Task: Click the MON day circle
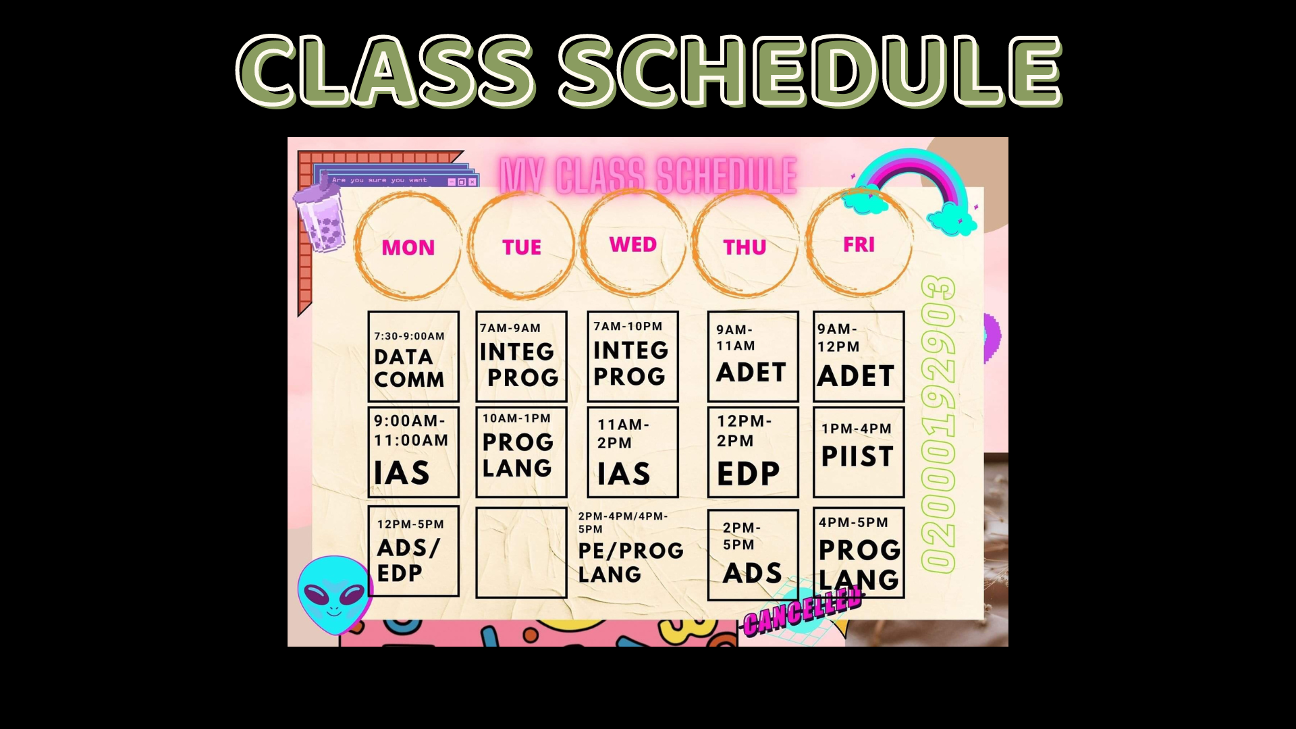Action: click(x=356, y=246)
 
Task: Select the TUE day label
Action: click(x=522, y=247)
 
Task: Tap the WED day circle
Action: click(x=582, y=244)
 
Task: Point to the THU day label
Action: click(x=745, y=248)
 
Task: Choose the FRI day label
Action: click(x=859, y=244)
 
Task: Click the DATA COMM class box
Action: click(x=413, y=356)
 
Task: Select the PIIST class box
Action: click(x=859, y=452)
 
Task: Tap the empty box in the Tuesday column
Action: click(x=521, y=553)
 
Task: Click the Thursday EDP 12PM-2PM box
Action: click(x=753, y=452)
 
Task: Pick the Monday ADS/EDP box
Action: click(x=413, y=551)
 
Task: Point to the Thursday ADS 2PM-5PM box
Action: click(x=753, y=555)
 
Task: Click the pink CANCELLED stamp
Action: click(x=803, y=611)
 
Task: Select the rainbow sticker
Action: click(x=911, y=190)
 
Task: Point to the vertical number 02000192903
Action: click(x=938, y=425)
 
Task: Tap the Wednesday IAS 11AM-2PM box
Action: click(x=632, y=452)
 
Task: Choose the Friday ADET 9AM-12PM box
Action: click(x=859, y=356)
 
